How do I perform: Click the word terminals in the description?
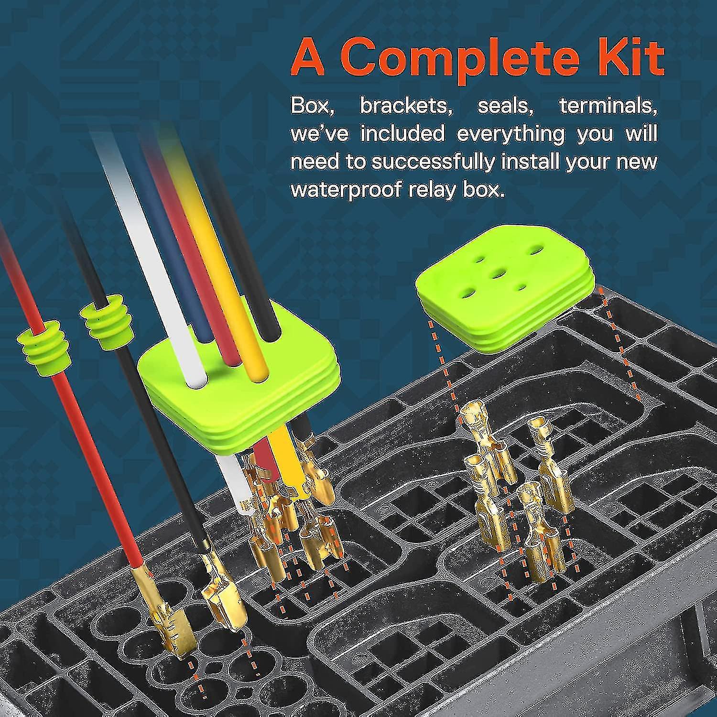coord(608,106)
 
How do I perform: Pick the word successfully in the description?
coord(433,162)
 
